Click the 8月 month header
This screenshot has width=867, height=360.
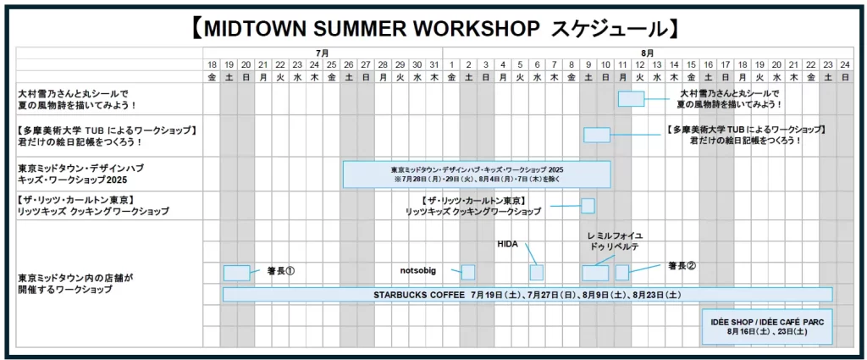click(647, 53)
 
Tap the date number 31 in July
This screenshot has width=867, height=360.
click(434, 64)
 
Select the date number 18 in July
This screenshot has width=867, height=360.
click(212, 64)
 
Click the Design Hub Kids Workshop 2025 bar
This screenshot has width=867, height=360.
click(477, 174)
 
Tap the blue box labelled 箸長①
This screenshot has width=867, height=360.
click(236, 273)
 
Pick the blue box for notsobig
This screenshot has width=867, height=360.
click(468, 272)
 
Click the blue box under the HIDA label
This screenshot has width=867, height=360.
click(536, 272)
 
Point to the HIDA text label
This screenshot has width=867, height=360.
click(508, 244)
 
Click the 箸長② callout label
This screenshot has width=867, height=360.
click(682, 265)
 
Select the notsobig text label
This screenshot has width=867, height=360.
click(417, 271)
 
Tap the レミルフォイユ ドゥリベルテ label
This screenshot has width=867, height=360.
click(615, 241)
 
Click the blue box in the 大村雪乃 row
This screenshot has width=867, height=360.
click(631, 98)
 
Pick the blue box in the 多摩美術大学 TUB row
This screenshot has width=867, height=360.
click(596, 135)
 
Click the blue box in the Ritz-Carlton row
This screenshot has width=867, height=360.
click(588, 206)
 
